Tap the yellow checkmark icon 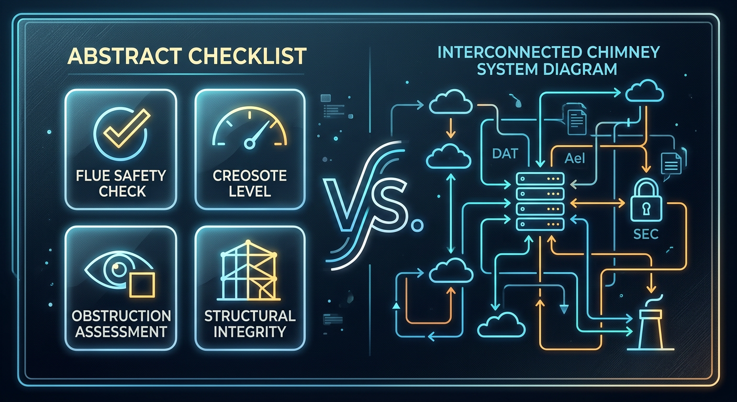[x=126, y=128]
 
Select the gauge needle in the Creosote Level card [x=259, y=135]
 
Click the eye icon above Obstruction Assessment [x=118, y=270]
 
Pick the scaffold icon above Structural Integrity [x=249, y=271]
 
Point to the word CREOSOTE [x=250, y=176]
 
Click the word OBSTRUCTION [x=121, y=316]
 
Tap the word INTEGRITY [x=250, y=332]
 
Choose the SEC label [x=646, y=234]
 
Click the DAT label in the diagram [x=505, y=153]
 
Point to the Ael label [x=575, y=159]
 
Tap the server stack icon [x=540, y=202]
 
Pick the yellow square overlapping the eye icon [x=142, y=285]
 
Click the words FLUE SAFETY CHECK [x=121, y=184]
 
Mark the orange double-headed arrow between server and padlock [x=597, y=203]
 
